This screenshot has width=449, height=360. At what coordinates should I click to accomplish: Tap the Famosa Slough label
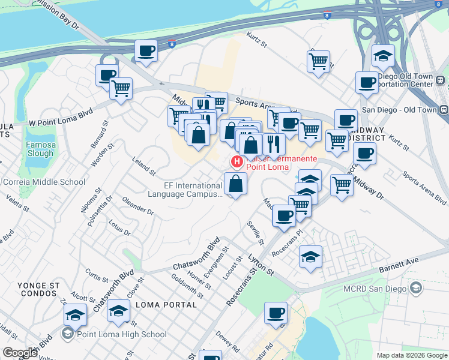click(x=40, y=149)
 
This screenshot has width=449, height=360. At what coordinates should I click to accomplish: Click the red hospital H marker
click(x=237, y=161)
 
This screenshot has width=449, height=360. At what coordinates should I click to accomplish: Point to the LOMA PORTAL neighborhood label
click(x=166, y=305)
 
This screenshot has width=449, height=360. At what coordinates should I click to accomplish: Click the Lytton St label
click(x=261, y=264)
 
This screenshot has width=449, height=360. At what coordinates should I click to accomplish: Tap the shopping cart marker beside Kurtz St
click(x=318, y=61)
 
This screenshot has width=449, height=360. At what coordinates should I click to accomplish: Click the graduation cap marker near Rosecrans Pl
click(x=310, y=257)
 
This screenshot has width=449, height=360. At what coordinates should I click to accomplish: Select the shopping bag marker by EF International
click(x=235, y=184)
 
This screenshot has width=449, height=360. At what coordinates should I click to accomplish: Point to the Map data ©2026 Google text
click(x=411, y=355)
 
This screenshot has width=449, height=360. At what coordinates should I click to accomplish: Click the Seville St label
click(x=256, y=232)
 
